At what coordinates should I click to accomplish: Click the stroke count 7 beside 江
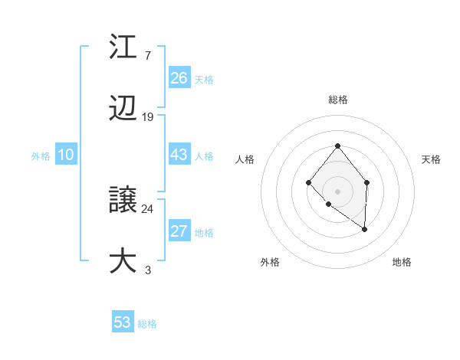point(147,56)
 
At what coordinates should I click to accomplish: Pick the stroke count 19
point(148,117)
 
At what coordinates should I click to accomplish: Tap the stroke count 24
point(148,208)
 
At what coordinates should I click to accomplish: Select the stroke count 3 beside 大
point(148,270)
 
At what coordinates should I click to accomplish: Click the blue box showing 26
point(179,78)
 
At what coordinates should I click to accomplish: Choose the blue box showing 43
point(179,155)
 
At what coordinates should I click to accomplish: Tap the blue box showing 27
point(179,231)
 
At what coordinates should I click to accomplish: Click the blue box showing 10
point(66,155)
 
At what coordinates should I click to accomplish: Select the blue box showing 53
point(123,322)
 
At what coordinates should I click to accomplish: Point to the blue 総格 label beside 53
point(147,324)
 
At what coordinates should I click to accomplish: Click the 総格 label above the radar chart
point(337,100)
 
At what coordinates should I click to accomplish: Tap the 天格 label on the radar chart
point(432,159)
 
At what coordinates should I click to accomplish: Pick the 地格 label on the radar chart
point(402,262)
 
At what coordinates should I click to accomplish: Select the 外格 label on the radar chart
point(270,262)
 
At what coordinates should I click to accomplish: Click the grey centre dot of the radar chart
point(337,191)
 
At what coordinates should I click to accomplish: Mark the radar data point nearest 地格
point(365,228)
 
